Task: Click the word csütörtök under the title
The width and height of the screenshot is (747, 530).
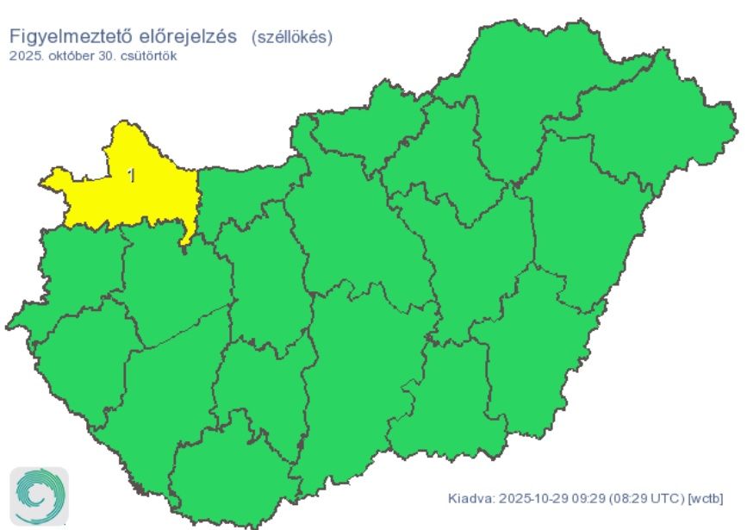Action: tap(148, 56)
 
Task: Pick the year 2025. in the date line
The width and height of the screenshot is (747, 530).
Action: tap(26, 56)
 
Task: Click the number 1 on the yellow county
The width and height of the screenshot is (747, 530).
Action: tap(131, 176)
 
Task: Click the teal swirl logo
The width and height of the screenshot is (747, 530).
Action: tap(38, 496)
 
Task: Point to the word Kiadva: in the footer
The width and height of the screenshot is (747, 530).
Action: tap(471, 499)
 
